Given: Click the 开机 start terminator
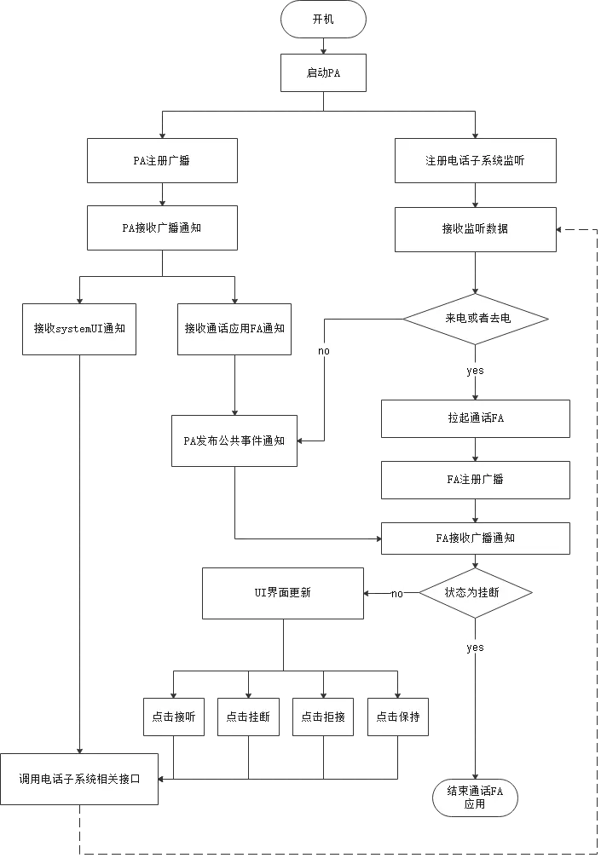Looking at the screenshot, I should pos(323,20).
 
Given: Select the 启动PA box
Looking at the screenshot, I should pos(323,73).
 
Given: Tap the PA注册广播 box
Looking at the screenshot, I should pos(161,160).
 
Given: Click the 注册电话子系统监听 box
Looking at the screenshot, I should pos(475,160).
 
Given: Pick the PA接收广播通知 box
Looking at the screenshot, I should pos(161,228).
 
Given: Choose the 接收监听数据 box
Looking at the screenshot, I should pos(475,228).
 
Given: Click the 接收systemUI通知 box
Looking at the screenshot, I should pos(79,328).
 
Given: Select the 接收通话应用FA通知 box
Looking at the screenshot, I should pos(234,328).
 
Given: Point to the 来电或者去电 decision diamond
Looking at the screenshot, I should pos(475,318).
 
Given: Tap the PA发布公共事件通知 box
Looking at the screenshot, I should pos(234,441).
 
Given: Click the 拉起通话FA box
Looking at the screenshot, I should pos(475,418).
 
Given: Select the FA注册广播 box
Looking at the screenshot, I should pos(475,479).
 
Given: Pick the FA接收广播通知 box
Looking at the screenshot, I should pos(475,538).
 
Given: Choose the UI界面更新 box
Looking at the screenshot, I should pos(282,592).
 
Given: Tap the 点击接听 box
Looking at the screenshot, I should pos(173,717).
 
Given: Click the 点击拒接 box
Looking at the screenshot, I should pos(323,717).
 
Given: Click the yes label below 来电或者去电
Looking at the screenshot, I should pos(475,371).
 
